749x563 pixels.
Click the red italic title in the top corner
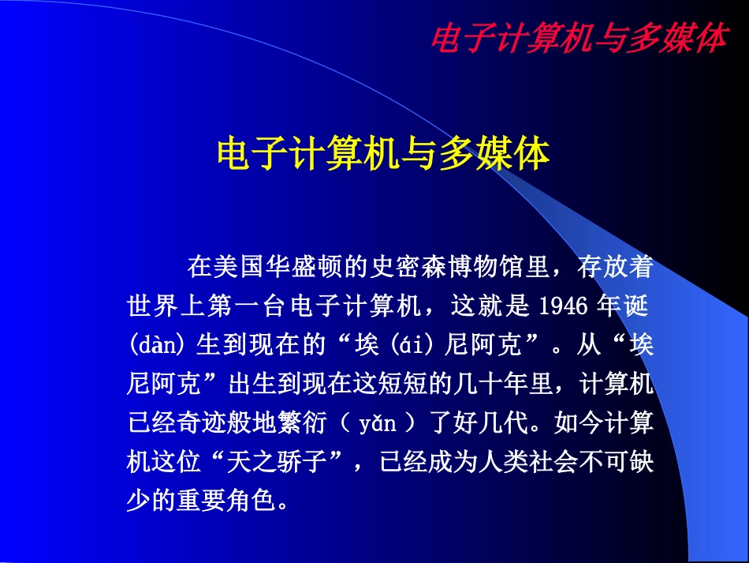[x=578, y=38]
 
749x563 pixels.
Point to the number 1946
[x=565, y=306]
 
